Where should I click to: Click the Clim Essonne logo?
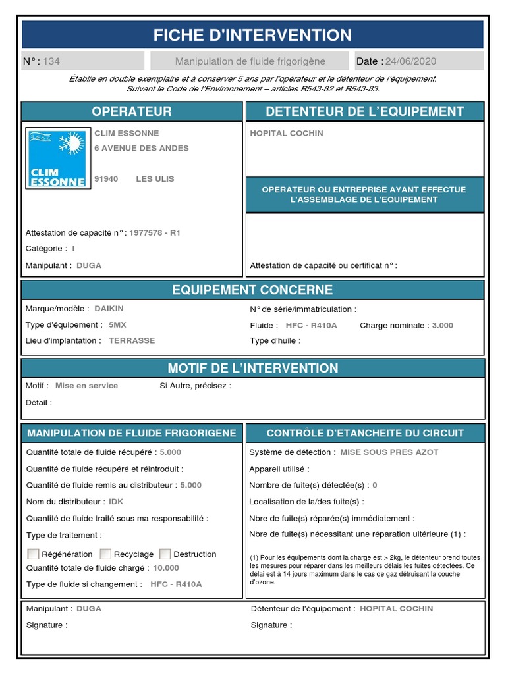coord(57,158)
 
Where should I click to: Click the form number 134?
coord(51,61)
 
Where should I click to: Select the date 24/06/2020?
coord(410,61)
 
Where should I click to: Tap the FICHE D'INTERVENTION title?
coord(253,35)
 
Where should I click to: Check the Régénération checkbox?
coord(33,554)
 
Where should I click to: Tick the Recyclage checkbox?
coord(105,554)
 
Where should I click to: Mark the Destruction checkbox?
coord(165,554)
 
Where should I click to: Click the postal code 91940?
coord(106,179)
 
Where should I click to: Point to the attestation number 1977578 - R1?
coord(155,233)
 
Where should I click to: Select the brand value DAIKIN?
coord(109,309)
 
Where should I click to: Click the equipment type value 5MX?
coord(117,325)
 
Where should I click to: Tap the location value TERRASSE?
coord(132,341)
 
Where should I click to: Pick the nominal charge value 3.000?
coord(442,325)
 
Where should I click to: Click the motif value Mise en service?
coord(86,386)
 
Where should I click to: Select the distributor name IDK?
coord(116,502)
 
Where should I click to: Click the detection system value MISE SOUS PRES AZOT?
coord(389,452)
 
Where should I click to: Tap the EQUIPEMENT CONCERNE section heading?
coord(253,290)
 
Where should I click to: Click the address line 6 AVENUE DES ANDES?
coord(142,148)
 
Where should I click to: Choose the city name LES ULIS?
coord(155,179)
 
